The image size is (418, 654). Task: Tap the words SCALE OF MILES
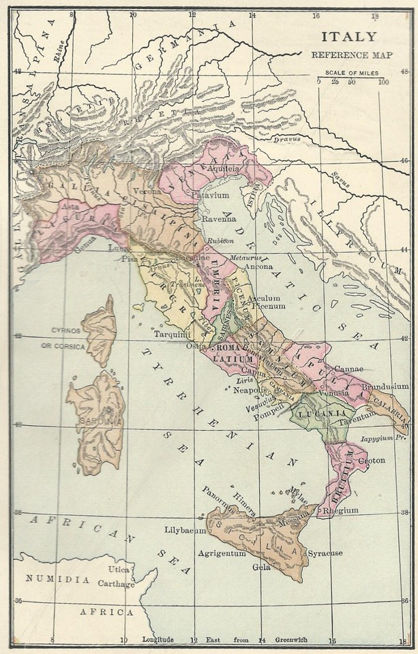tap(350, 72)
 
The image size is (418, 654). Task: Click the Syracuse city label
tap(324, 552)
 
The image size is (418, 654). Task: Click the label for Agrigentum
tap(221, 554)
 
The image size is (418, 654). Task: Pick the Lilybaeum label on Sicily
tap(185, 529)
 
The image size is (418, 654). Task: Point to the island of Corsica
tap(100, 330)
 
